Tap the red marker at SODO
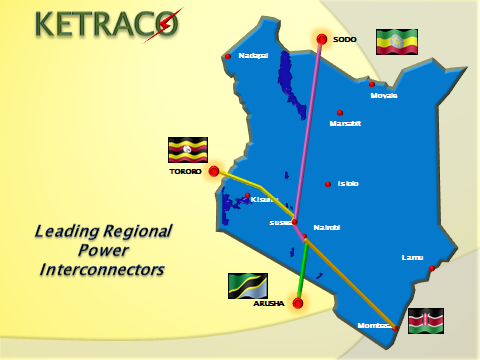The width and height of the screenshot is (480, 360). [x=322, y=40]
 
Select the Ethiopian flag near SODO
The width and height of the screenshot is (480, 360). [x=397, y=42]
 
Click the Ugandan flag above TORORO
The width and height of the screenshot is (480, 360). [x=187, y=150]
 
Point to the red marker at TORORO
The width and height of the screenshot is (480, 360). [x=213, y=171]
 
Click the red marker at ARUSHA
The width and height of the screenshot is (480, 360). [x=297, y=303]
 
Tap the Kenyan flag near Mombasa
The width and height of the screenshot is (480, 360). [x=426, y=321]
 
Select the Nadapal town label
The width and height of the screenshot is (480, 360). [x=253, y=56]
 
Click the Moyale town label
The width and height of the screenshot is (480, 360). [x=384, y=96]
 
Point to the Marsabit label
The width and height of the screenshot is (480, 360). [x=345, y=124]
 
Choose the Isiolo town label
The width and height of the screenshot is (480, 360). [x=348, y=184]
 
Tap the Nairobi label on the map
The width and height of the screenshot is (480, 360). [x=327, y=227]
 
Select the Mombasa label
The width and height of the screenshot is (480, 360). [x=373, y=326]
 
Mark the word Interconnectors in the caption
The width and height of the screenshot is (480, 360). [x=101, y=270]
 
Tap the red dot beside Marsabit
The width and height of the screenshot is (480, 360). [x=340, y=112]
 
